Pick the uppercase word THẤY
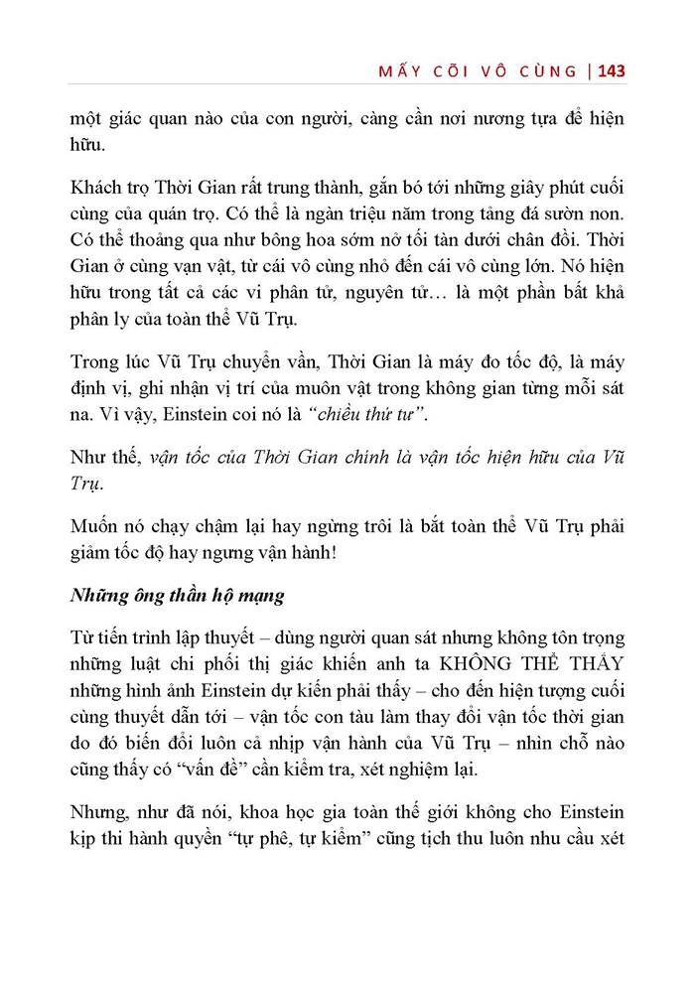[x=590, y=660]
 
